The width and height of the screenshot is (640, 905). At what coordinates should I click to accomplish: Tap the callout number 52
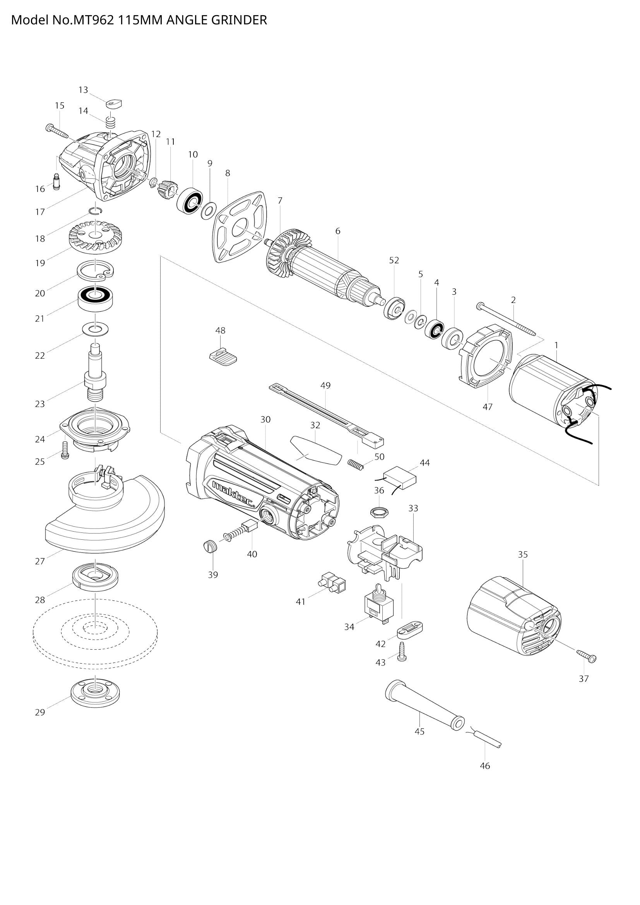[x=394, y=260]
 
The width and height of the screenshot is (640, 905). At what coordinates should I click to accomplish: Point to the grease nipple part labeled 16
[x=56, y=182]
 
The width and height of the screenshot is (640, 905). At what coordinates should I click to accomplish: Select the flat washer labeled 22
[x=96, y=328]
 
